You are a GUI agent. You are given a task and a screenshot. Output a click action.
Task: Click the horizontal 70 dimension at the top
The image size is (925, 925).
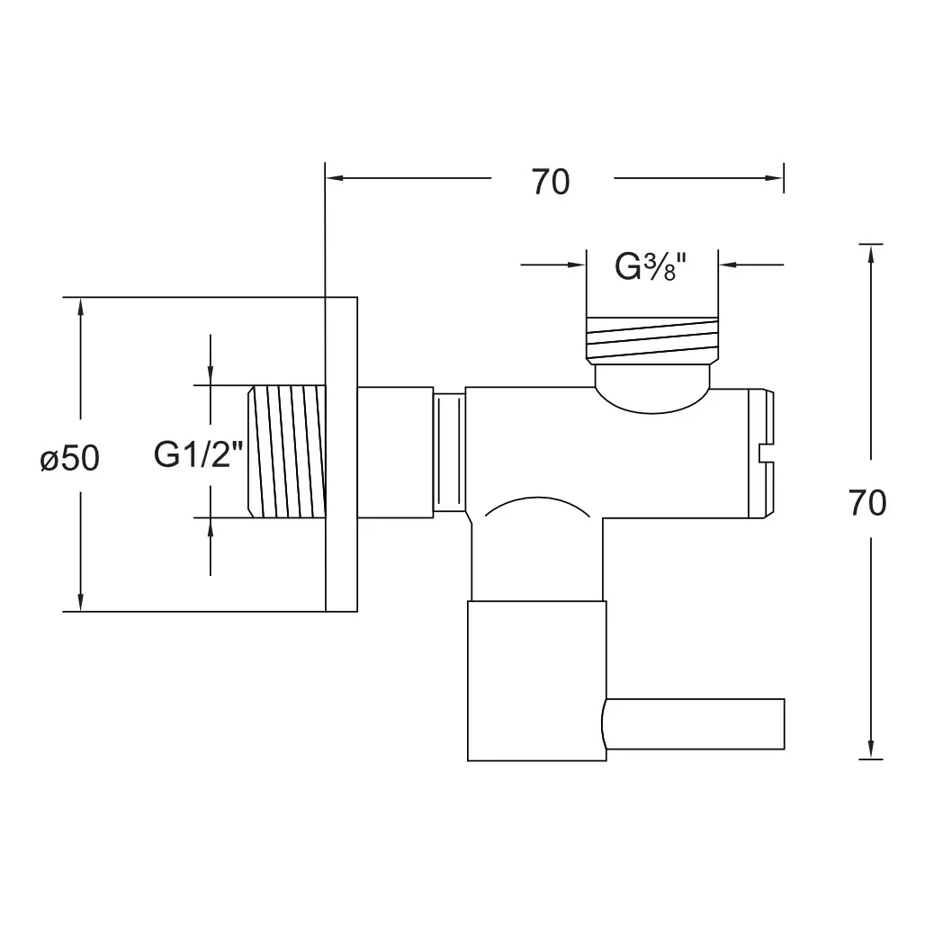pyautogui.click(x=551, y=182)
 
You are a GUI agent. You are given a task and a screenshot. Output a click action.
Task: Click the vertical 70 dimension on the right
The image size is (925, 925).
pyautogui.click(x=867, y=503)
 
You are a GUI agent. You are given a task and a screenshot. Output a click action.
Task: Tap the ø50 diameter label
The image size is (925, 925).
pyautogui.click(x=69, y=458)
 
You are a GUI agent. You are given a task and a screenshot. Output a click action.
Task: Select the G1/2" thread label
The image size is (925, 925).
pyautogui.click(x=198, y=454)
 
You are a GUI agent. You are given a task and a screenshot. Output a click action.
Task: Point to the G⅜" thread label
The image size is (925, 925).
pyautogui.click(x=651, y=266)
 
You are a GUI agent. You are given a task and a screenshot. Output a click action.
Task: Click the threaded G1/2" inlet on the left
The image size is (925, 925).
pyautogui.click(x=287, y=452)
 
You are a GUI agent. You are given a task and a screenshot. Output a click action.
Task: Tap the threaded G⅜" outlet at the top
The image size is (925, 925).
pyautogui.click(x=652, y=338)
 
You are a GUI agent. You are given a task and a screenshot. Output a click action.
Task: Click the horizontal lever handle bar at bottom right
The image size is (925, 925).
pyautogui.click(x=695, y=723)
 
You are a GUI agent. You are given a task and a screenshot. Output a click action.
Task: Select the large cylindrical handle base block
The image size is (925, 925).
pyautogui.click(x=536, y=681)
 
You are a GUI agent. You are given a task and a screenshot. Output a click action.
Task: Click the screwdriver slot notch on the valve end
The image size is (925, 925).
pyautogui.click(x=766, y=453)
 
